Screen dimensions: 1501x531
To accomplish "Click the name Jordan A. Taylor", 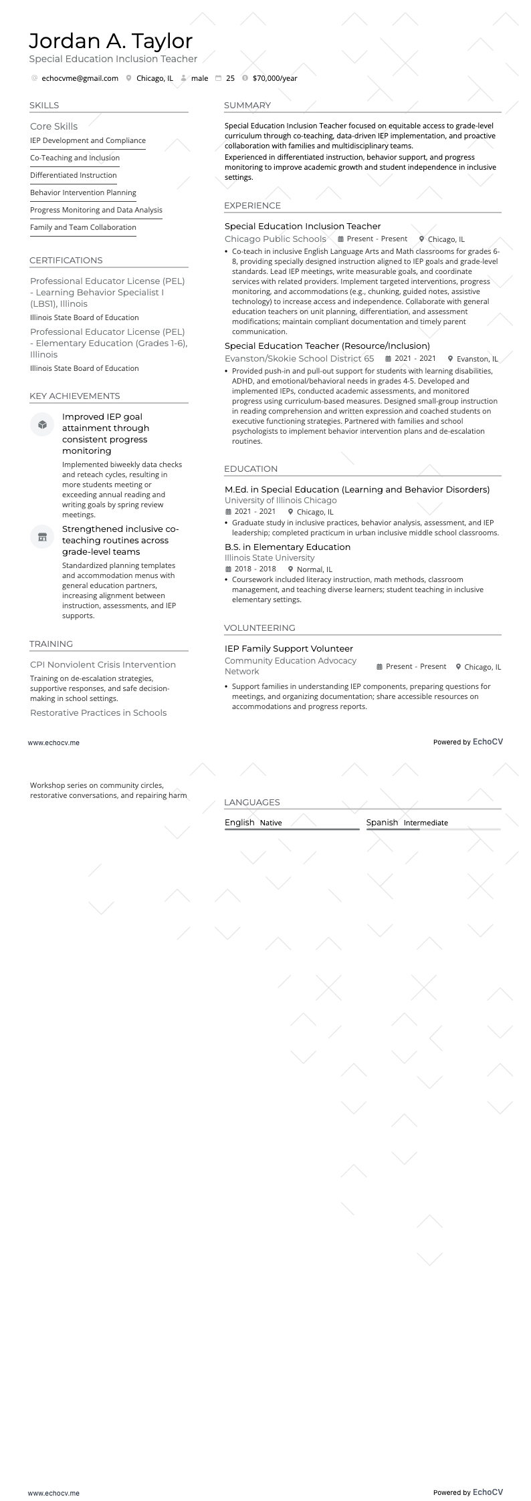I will coord(110,41).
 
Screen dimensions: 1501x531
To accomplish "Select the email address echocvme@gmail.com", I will coord(80,78).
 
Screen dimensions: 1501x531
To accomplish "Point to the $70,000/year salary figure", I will coord(275,78).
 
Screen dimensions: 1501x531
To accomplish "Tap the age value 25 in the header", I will coord(230,78).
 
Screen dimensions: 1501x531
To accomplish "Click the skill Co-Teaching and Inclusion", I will coord(75,158).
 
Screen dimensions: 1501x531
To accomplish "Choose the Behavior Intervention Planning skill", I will coord(83,193).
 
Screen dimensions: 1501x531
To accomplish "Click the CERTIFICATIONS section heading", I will coord(66,261).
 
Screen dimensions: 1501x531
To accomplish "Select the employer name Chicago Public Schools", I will coord(276,239).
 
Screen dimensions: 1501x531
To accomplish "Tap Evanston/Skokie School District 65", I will coord(299,359).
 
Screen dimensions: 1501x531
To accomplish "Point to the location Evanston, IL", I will coord(477,359).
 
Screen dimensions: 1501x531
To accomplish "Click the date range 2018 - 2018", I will coord(255,569).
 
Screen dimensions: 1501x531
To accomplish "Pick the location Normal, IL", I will coord(314,569).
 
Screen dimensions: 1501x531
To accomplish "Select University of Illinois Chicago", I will coord(281,501).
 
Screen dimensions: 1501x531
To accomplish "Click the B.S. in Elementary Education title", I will coord(288,547).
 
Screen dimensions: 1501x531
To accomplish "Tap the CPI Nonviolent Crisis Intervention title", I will coord(103,665).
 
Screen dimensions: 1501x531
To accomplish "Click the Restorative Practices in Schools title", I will coord(98,713).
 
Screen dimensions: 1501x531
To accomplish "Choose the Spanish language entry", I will coord(382,823).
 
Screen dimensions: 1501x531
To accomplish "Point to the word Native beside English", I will coord(271,823).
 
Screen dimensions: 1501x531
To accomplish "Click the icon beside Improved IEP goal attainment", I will coord(42,424).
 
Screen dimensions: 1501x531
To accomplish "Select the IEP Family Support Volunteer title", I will coord(289,649).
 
